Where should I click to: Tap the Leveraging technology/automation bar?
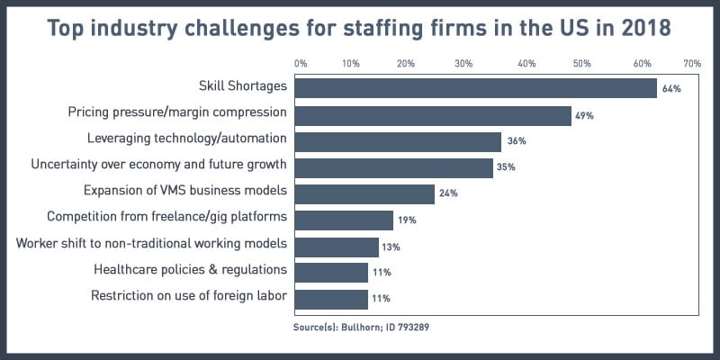click(x=398, y=141)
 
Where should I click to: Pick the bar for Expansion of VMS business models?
click(x=364, y=193)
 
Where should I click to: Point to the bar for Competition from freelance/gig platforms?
click(x=344, y=220)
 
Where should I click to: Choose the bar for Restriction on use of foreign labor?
click(x=331, y=299)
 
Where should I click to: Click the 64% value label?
click(x=671, y=88)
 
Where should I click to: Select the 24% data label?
click(x=448, y=193)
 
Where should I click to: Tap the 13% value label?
click(x=391, y=246)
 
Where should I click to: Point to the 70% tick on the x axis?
click(x=692, y=64)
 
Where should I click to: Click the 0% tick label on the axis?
click(x=301, y=64)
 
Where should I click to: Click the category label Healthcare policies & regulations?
click(x=191, y=270)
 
